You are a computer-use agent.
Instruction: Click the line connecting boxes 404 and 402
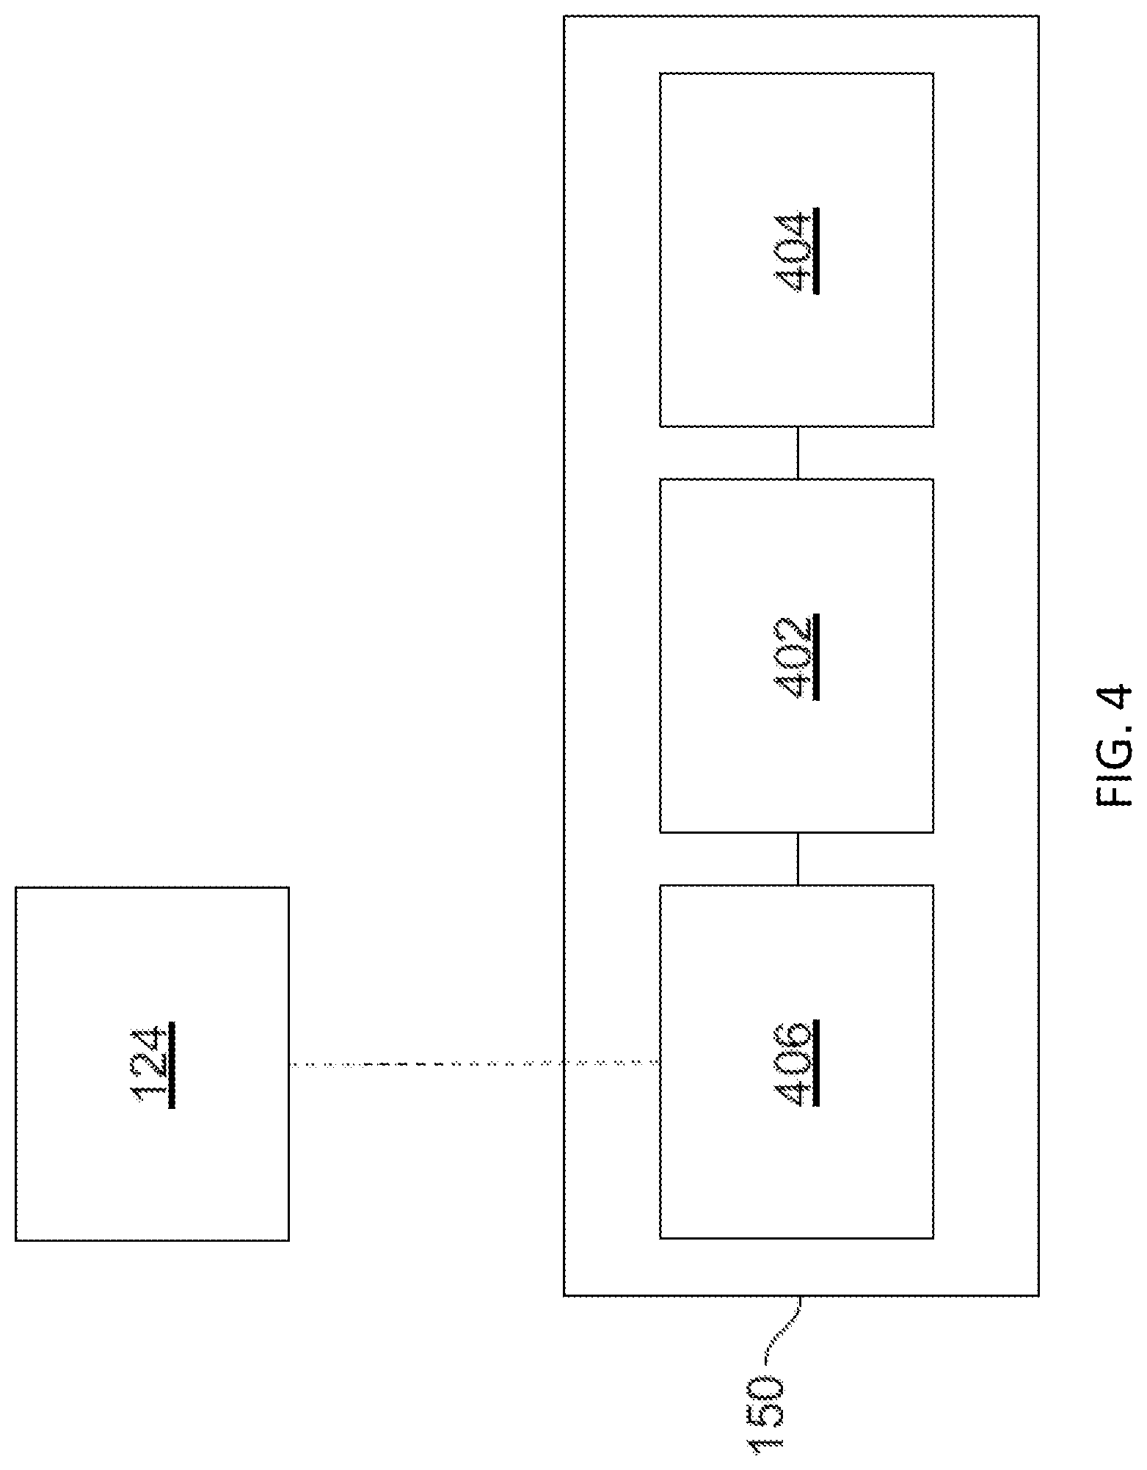click(x=798, y=453)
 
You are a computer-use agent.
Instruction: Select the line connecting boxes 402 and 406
click(x=798, y=859)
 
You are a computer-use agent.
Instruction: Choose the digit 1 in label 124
click(x=151, y=1092)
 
